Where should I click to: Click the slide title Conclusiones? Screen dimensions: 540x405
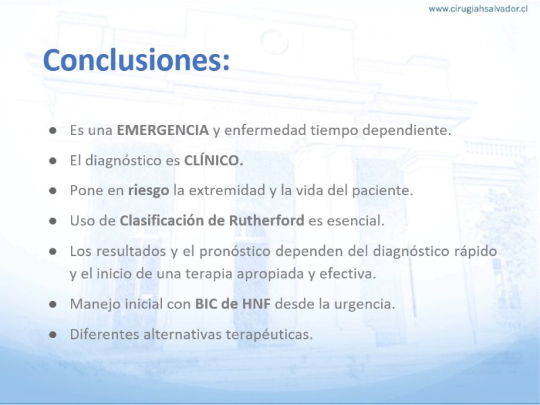click(136, 60)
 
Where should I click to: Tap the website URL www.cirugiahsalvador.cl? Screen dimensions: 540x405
click(478, 9)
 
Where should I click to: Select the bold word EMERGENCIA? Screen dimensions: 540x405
click(163, 130)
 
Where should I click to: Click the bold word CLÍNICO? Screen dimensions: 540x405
click(213, 160)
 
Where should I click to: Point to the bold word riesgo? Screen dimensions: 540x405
click(148, 191)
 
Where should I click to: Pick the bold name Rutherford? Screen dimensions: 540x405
click(267, 221)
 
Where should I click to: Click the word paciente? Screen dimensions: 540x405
click(382, 191)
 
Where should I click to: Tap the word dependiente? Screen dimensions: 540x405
click(407, 130)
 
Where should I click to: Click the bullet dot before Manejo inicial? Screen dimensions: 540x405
click(53, 304)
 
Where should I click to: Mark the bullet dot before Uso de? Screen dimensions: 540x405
click(53, 221)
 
